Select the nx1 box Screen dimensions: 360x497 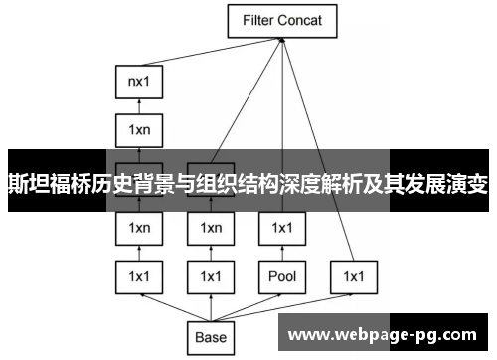click(x=139, y=83)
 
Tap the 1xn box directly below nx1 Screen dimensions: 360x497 click(x=139, y=128)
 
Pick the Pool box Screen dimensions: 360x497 click(x=282, y=275)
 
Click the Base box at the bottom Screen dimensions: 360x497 click(x=211, y=337)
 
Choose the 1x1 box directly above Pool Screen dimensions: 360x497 click(x=282, y=229)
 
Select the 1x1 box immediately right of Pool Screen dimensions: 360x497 click(x=353, y=275)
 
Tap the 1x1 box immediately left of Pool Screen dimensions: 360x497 click(x=211, y=275)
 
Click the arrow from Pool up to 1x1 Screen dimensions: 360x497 click(x=282, y=253)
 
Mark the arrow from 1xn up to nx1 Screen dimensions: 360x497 click(x=139, y=105)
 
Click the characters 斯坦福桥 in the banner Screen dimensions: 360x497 click(x=43, y=184)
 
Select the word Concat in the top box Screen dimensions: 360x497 click(x=305, y=20)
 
